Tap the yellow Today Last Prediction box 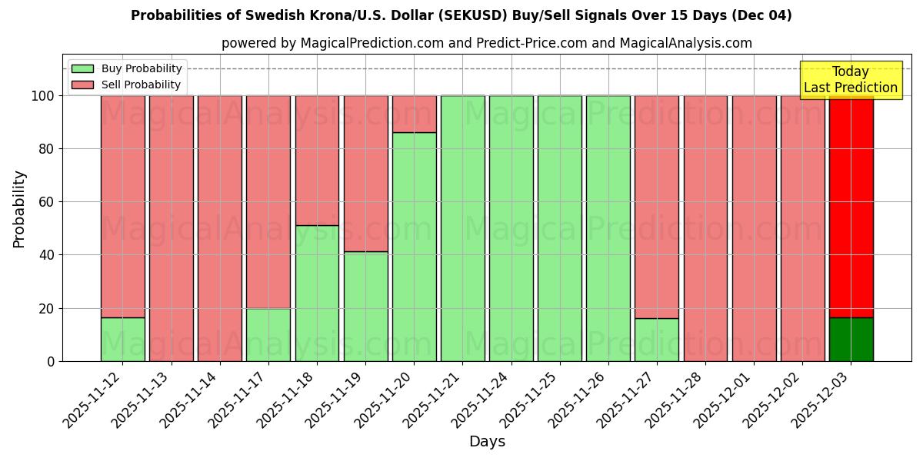click(x=850, y=80)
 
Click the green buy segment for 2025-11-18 click(x=317, y=293)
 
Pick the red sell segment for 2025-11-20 click(x=414, y=114)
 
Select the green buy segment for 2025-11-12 click(x=122, y=339)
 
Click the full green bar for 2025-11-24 click(x=511, y=228)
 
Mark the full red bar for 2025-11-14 click(x=220, y=228)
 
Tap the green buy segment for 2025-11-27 click(x=656, y=340)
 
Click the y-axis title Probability click(x=19, y=209)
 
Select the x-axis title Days click(x=487, y=442)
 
